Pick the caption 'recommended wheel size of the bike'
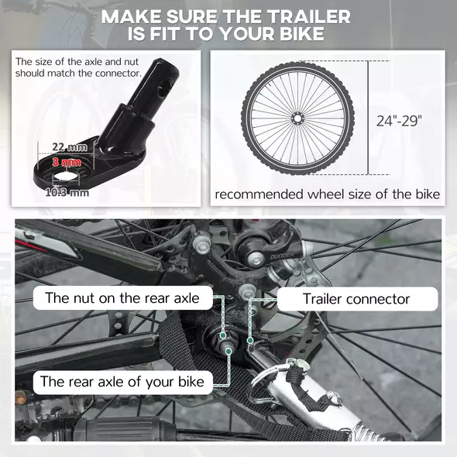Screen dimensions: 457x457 coord(328,194)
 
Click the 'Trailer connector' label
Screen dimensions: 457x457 coord(356,298)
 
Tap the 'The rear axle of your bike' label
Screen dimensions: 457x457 coord(122,381)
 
